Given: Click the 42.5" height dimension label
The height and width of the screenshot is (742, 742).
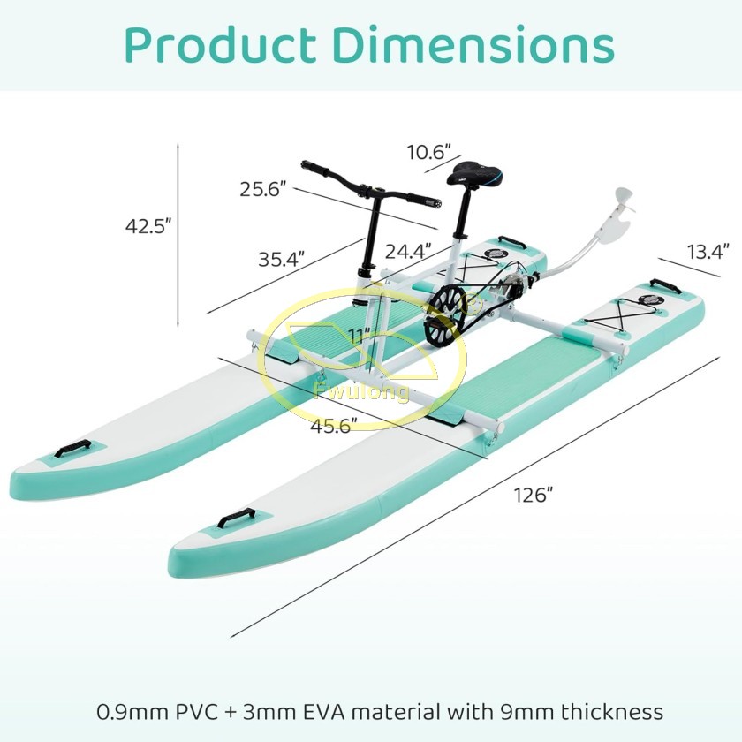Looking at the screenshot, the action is click(x=148, y=226).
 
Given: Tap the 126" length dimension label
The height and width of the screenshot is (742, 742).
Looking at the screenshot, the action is click(x=534, y=496).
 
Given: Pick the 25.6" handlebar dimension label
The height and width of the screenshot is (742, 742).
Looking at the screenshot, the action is click(x=263, y=189).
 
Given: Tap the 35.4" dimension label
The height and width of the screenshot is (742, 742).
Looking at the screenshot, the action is click(x=281, y=260).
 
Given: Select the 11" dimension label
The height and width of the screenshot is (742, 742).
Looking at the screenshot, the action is click(x=360, y=337).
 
